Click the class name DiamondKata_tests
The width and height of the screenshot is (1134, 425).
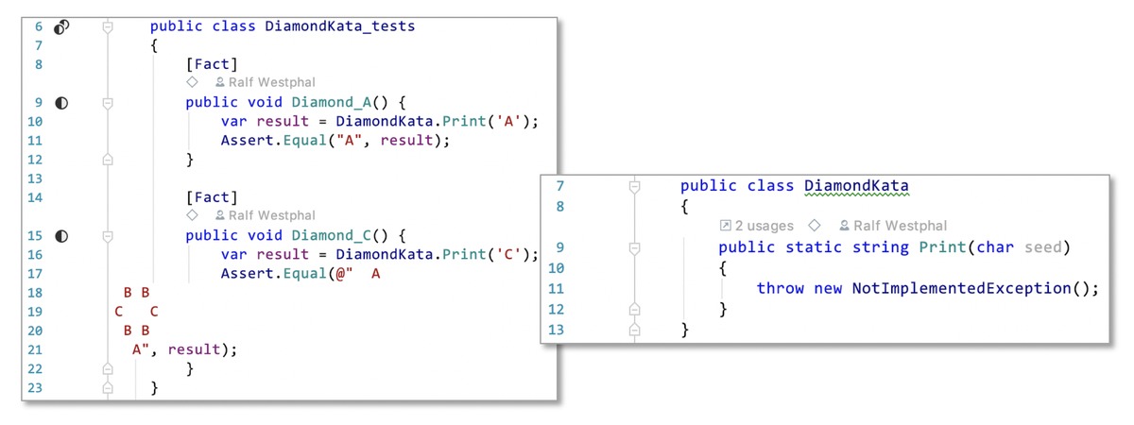click(x=339, y=26)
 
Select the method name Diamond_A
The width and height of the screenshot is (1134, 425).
click(x=332, y=103)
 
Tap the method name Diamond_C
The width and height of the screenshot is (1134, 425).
click(x=332, y=236)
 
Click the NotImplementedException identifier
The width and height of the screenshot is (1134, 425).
click(x=961, y=288)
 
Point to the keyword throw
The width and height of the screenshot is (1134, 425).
click(x=781, y=288)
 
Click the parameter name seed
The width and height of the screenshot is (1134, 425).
click(x=1043, y=247)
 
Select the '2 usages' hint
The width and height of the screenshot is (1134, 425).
click(x=764, y=226)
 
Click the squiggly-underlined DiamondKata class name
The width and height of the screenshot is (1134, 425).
click(x=856, y=186)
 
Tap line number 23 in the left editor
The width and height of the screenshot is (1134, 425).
click(x=35, y=388)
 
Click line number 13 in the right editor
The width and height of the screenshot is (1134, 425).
click(x=556, y=330)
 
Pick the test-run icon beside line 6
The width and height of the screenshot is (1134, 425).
click(x=61, y=26)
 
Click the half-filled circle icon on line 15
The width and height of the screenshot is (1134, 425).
click(x=61, y=236)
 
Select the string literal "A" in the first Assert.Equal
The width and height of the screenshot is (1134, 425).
click(x=349, y=141)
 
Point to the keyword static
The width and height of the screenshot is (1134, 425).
click(x=814, y=247)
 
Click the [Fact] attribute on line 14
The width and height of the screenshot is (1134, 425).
click(x=212, y=197)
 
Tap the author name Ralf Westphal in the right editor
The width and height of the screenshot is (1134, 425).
click(x=900, y=226)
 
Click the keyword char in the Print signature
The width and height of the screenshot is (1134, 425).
click(x=995, y=247)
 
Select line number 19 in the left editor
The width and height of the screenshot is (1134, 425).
click(x=35, y=312)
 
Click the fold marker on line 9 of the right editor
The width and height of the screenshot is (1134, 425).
click(x=634, y=247)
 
